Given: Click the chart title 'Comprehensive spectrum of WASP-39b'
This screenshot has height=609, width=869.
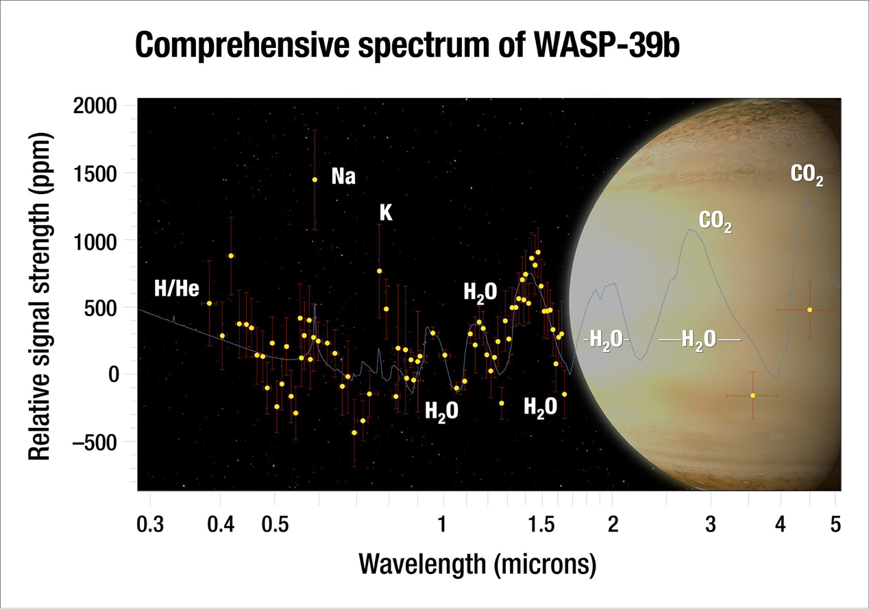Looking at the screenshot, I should tap(408, 47).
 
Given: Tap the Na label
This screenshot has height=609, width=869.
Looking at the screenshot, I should tap(343, 176).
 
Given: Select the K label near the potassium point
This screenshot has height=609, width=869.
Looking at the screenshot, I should tap(386, 213).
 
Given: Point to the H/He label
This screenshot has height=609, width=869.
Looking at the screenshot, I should tap(176, 289).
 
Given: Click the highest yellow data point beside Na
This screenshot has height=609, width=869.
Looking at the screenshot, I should tap(315, 180).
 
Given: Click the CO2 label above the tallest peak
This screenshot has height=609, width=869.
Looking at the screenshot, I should tap(807, 176).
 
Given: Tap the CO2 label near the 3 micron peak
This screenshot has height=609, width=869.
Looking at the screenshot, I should tap(715, 222).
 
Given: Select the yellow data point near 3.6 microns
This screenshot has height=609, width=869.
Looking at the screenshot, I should tap(752, 395).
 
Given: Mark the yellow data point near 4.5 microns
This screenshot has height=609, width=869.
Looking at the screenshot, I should tap(809, 310).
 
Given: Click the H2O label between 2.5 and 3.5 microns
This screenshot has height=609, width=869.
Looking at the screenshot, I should tap(699, 339).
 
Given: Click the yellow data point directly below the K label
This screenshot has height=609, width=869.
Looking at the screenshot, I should tap(379, 271).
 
